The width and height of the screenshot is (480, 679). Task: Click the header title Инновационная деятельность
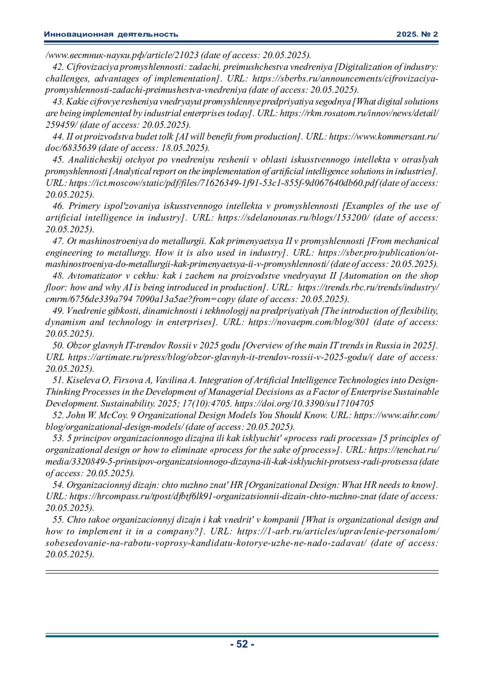pos(111,34)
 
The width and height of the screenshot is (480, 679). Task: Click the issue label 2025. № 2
pos(417,34)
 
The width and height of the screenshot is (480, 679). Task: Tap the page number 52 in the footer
pos(242,644)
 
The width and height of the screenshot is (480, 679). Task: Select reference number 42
pos(58,67)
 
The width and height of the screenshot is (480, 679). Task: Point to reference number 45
pos(58,160)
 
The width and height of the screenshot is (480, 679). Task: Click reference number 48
pos(58,276)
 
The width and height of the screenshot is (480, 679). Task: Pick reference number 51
pos(58,380)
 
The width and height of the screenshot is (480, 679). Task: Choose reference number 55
pos(58,520)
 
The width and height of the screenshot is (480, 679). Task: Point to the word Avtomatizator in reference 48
pos(94,276)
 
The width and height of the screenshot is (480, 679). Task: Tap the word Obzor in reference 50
pos(78,345)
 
